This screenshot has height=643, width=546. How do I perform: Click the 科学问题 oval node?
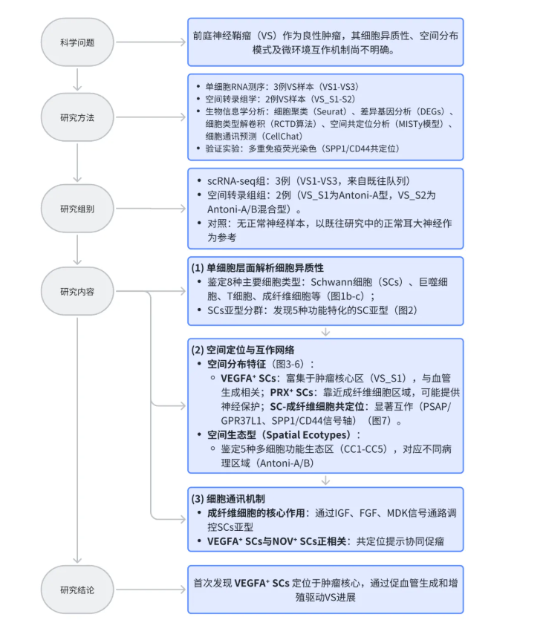click(x=77, y=42)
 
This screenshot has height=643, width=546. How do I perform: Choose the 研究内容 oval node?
click(x=77, y=291)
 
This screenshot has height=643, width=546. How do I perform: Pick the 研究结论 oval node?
click(x=77, y=590)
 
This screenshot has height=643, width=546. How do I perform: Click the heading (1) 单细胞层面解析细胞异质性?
click(x=259, y=267)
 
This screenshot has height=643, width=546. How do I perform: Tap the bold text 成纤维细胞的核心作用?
click(x=257, y=512)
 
